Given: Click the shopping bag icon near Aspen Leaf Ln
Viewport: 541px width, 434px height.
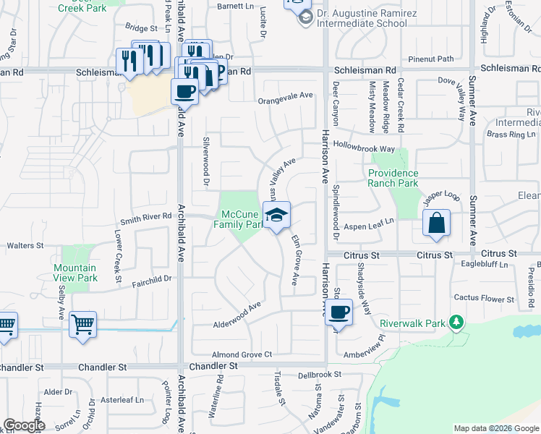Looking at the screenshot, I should tap(437, 224).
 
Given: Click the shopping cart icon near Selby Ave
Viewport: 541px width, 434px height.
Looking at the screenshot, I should tap(82, 325).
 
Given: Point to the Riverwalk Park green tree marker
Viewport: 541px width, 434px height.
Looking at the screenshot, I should tap(456, 322).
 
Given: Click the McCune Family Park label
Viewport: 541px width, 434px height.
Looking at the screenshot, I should tap(241, 219).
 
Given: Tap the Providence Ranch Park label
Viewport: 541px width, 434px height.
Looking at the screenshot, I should tap(393, 178).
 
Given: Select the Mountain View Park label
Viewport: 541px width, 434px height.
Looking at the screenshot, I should tap(75, 273).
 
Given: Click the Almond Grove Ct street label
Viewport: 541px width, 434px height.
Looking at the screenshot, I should tap(242, 354).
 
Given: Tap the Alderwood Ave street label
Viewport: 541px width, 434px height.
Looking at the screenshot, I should tap(237, 316).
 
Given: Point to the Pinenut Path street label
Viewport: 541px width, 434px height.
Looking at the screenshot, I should tap(430, 59).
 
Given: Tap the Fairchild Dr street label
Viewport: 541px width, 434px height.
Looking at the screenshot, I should tap(151, 278).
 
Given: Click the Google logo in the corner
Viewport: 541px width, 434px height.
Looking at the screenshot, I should tap(24, 425).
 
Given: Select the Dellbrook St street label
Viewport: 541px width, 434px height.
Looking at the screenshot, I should tap(319, 375).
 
